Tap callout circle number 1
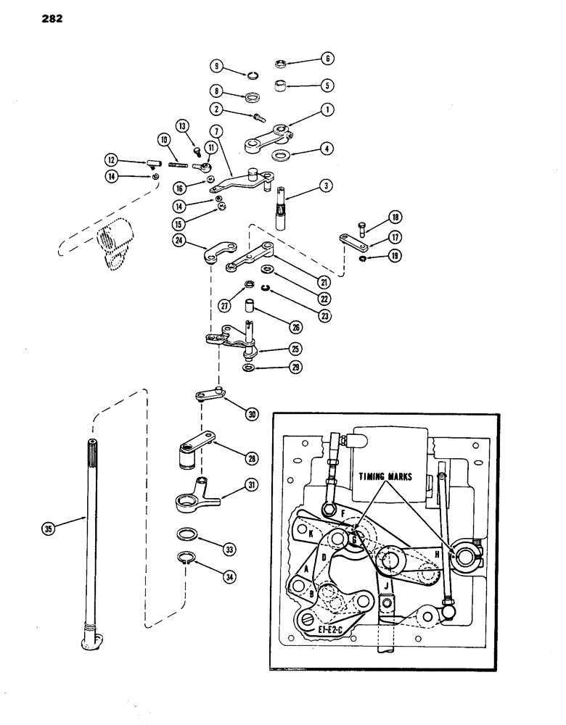click(x=329, y=110)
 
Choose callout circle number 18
click(x=395, y=217)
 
